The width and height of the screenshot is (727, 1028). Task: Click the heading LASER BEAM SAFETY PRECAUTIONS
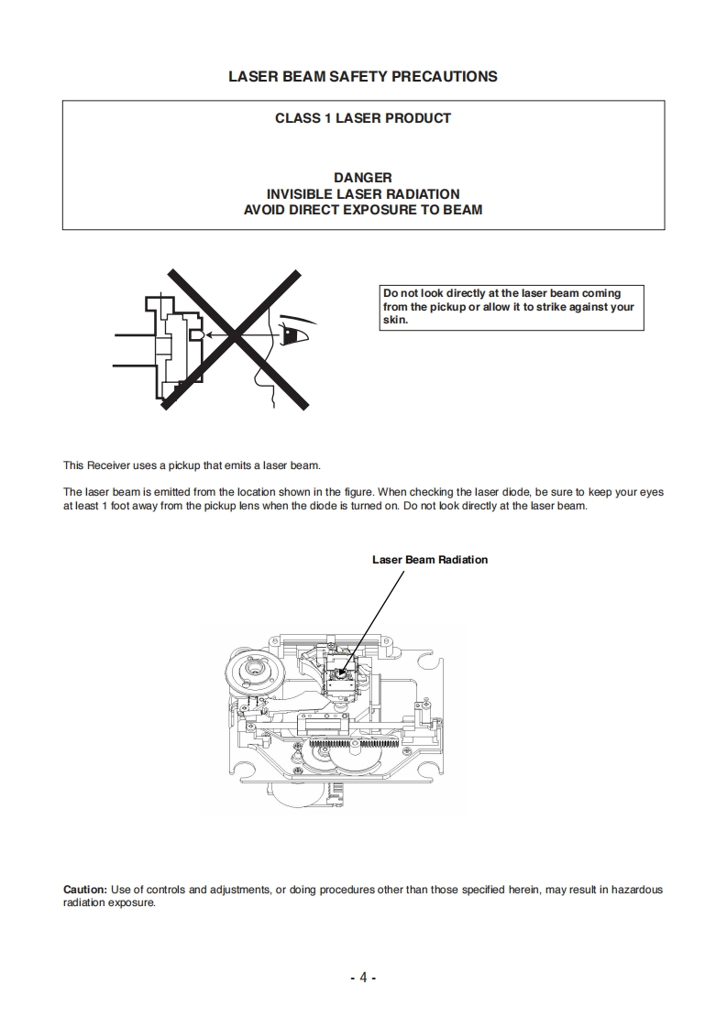point(363,77)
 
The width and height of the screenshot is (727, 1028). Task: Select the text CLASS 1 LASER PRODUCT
point(363,118)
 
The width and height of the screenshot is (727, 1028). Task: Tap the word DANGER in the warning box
point(363,178)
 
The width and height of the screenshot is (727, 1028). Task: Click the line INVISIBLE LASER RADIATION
point(363,194)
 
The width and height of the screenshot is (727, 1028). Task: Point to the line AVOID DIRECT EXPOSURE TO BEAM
point(363,210)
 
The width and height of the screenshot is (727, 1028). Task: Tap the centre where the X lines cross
point(236,335)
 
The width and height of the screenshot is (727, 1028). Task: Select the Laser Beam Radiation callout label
point(429,560)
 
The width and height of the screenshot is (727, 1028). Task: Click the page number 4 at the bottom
point(363,978)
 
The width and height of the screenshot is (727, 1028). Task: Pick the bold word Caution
point(84,890)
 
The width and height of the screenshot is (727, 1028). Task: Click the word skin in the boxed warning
point(394,321)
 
